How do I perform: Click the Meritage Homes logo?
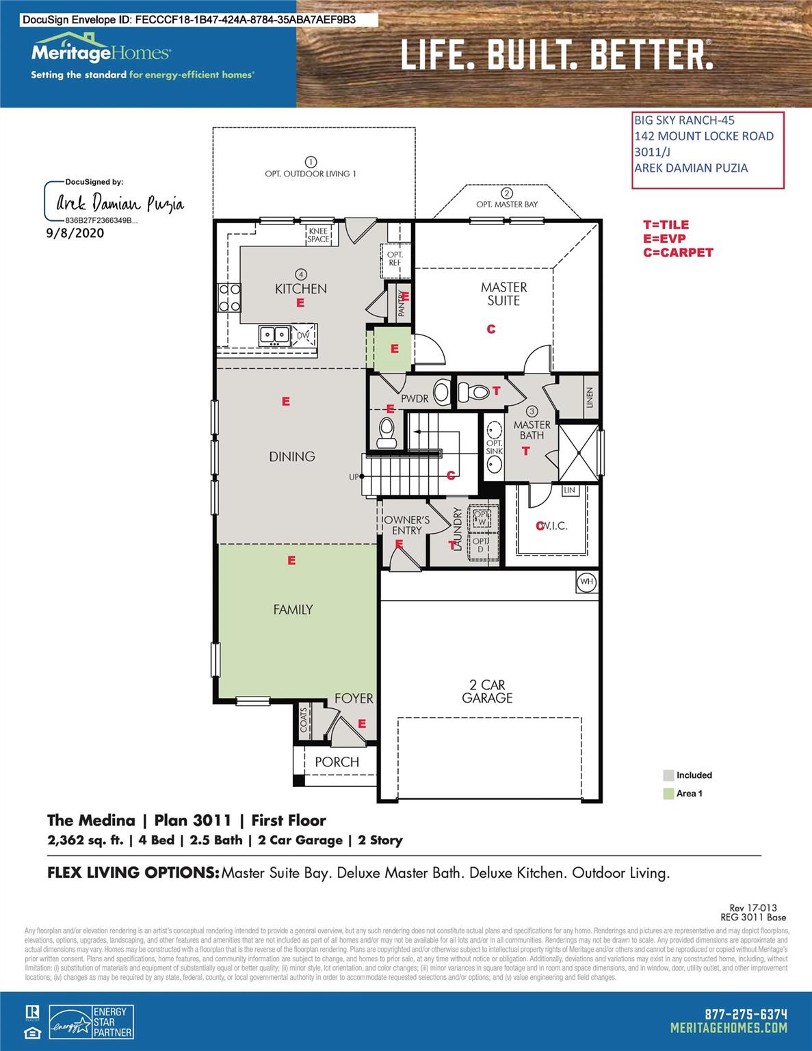point(101,52)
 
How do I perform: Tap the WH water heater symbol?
point(586,582)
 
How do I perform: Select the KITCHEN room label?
point(300,289)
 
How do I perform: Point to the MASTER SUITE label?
point(503,294)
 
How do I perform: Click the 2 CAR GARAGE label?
point(487,691)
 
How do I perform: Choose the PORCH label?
point(337,762)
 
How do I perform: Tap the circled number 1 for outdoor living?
point(311,162)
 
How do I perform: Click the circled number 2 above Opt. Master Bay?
point(507,193)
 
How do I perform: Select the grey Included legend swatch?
point(668,775)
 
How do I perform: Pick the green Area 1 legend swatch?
point(668,794)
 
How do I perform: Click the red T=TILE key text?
point(666,224)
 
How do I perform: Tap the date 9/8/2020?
point(75,233)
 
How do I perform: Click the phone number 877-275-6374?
point(746,1014)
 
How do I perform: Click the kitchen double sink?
point(274,335)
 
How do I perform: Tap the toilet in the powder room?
point(387,432)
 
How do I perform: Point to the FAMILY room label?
point(293,609)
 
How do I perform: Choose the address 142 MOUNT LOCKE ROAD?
point(703,136)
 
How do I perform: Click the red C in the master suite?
point(490,329)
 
